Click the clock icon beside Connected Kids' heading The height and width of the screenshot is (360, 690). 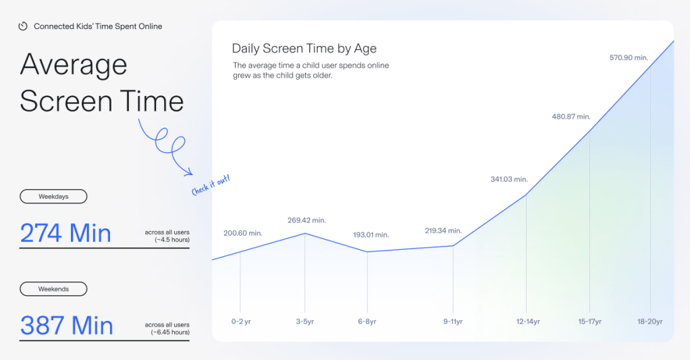23,26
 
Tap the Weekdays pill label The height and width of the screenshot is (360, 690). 53,197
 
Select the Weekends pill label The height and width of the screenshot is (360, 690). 53,288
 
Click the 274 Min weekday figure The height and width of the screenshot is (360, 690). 65,233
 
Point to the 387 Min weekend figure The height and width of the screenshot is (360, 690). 67,326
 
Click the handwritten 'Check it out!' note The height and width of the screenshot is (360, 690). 211,185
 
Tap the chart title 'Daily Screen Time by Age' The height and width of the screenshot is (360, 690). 304,49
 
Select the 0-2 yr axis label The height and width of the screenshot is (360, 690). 241,322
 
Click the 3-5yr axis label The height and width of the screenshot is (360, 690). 305,322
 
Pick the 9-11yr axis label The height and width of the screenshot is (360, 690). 453,322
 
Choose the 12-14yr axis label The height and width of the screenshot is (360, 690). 528,322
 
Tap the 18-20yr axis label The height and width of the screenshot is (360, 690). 650,322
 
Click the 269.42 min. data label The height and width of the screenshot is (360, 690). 307,220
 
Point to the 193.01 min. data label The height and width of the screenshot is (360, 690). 371,234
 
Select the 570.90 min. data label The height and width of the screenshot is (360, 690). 629,57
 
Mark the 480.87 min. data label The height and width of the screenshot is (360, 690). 571,117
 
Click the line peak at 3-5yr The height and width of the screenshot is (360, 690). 305,233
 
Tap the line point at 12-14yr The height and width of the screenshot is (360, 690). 526,195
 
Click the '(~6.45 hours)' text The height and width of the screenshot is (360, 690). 170,332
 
